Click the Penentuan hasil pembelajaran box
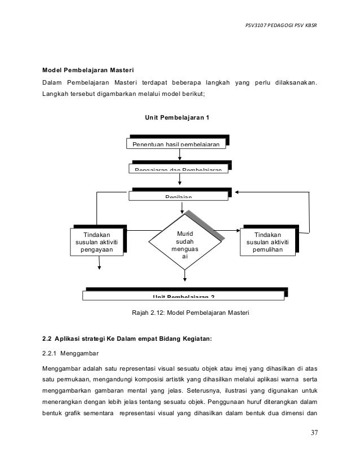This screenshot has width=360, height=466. pos(179,144)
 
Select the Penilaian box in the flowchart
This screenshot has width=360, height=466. pos(179,195)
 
